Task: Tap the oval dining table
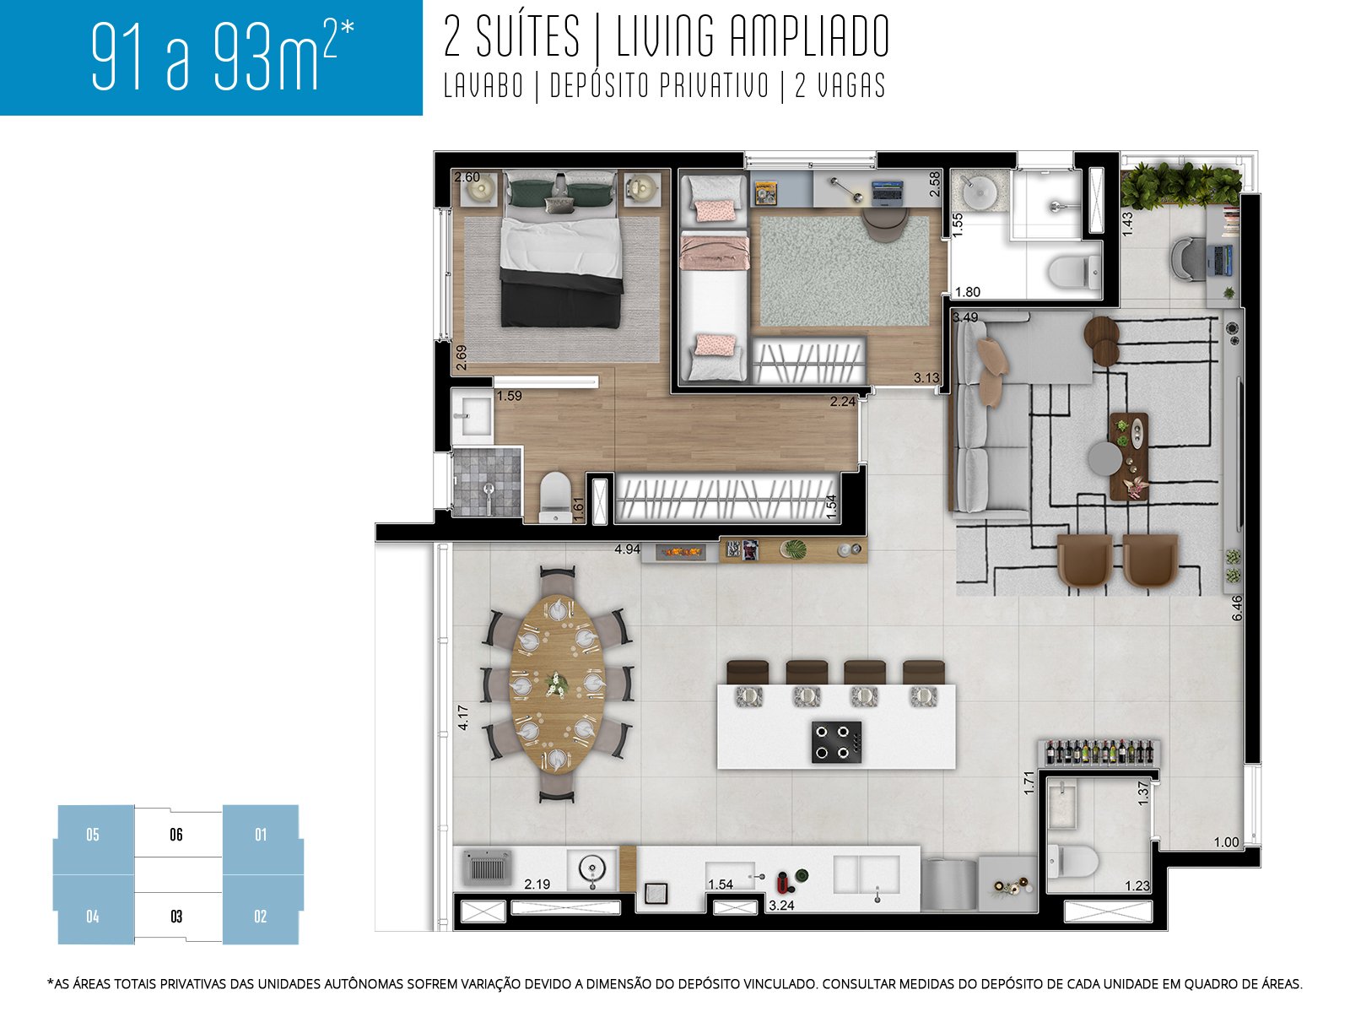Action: (558, 684)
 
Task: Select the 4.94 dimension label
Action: (627, 549)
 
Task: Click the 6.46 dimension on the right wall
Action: (1237, 608)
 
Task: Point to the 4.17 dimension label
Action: (462, 717)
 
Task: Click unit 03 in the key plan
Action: (176, 917)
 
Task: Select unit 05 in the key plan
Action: (93, 835)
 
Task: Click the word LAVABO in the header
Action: (483, 86)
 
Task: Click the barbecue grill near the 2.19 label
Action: (488, 868)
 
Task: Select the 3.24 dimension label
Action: (781, 906)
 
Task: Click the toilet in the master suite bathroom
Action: (555, 498)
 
